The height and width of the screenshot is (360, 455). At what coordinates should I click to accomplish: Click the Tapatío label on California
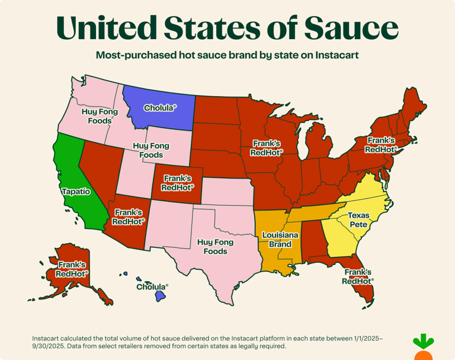[76, 192]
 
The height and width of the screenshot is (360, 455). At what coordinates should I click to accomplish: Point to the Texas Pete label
[359, 219]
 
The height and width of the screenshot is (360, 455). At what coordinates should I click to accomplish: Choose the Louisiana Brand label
[276, 240]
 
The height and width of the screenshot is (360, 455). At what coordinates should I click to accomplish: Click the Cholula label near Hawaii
[152, 286]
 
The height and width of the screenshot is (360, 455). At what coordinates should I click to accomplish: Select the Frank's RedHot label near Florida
[358, 276]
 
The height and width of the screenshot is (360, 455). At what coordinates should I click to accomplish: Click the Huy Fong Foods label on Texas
[212, 247]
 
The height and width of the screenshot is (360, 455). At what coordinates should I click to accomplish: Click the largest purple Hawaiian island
[160, 295]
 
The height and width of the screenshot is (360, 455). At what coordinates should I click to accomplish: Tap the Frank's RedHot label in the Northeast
[380, 145]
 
